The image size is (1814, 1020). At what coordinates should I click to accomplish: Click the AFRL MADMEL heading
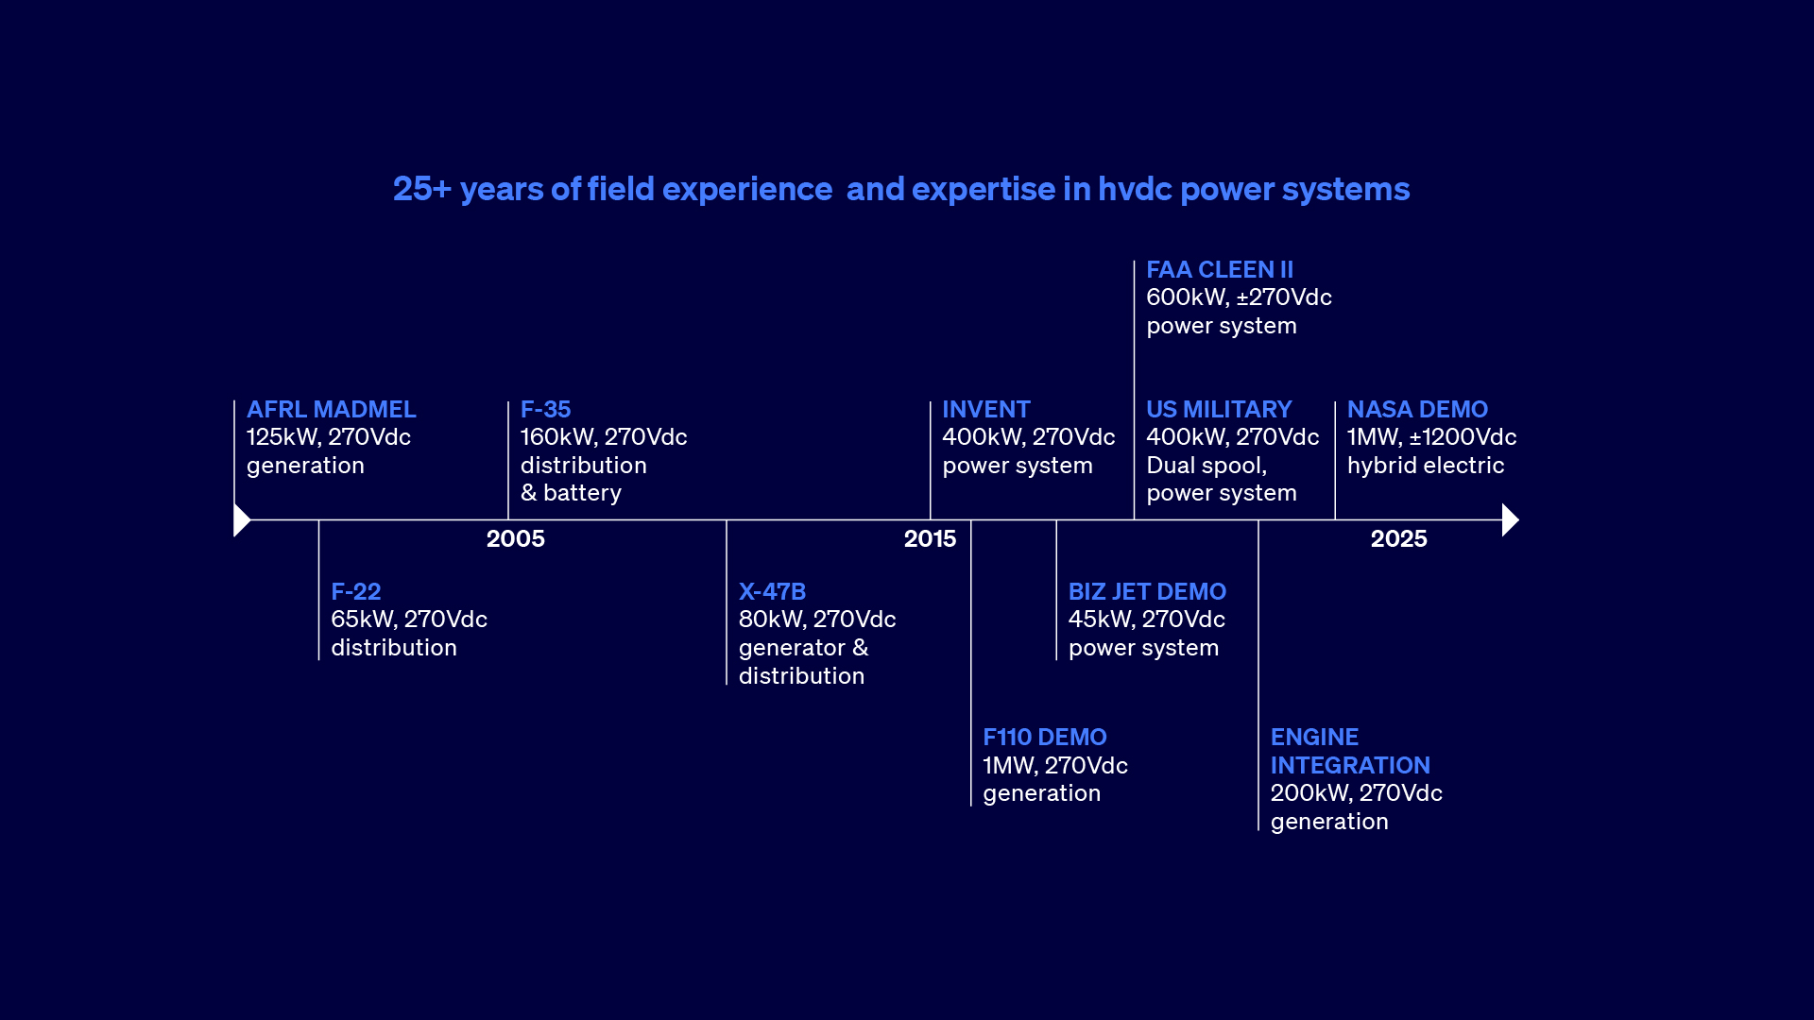331,410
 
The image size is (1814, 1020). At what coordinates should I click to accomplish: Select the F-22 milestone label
355,592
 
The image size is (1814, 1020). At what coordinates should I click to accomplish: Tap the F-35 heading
545,410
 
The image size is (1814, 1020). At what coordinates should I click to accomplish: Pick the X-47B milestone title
772,592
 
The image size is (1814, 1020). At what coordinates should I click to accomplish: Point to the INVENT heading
985,410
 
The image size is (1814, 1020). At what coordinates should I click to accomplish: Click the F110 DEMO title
1044,738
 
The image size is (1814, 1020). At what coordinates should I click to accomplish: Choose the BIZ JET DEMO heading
1147,592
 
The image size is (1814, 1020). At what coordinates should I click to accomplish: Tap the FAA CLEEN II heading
1219,270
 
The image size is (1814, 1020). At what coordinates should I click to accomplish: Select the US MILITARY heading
1218,410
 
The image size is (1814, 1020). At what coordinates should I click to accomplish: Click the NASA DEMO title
1416,410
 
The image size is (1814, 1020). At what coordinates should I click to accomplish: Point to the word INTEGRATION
1349,766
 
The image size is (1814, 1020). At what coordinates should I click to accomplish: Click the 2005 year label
515,539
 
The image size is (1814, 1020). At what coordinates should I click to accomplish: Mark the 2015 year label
930,539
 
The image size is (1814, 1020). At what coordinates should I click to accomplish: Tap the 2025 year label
1398,539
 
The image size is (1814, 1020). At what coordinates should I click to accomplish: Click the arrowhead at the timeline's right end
1509,520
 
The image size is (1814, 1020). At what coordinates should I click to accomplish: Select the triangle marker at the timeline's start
241,520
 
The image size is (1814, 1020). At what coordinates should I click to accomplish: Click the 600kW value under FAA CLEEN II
1187,297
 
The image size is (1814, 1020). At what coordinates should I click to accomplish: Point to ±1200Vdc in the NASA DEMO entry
1463,437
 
